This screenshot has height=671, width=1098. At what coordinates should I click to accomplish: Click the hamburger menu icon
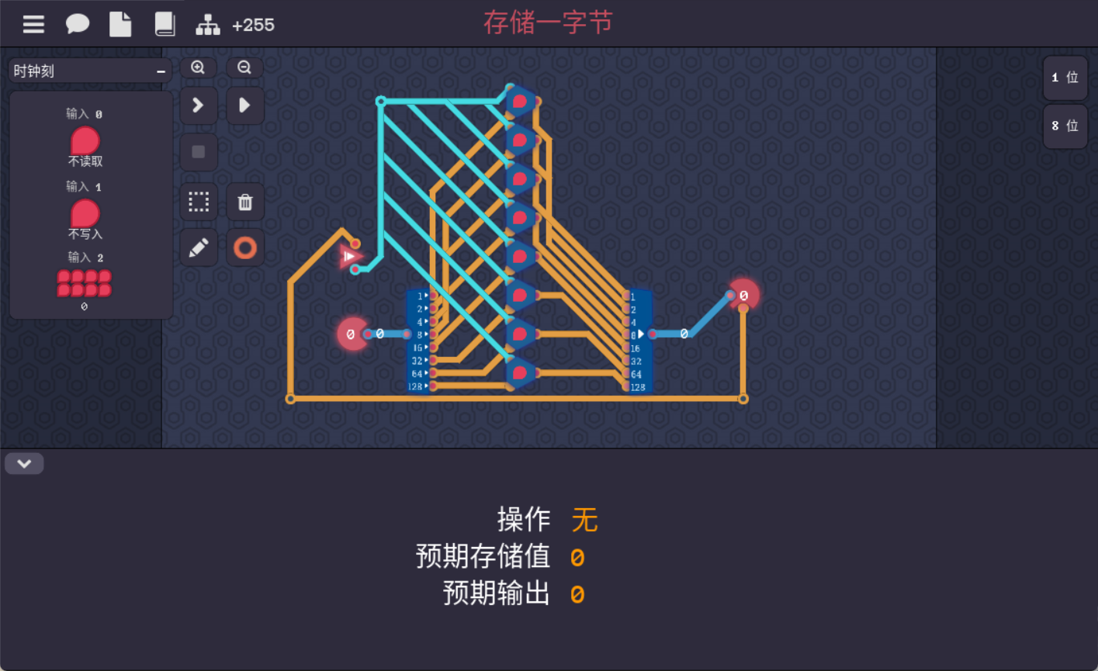pos(33,25)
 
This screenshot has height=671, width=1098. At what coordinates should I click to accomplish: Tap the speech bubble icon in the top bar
pos(77,25)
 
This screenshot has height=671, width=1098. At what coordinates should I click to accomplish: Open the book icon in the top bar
pos(165,25)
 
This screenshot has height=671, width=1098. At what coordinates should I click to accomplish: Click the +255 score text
pos(253,25)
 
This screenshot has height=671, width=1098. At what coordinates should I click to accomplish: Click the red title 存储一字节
pos(548,22)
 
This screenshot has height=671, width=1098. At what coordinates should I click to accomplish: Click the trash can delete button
pos(245,202)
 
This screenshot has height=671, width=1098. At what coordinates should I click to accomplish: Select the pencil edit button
pos(199,248)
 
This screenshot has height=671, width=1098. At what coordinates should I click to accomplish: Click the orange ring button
pos(245,248)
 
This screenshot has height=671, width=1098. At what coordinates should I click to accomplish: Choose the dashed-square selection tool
pos(199,202)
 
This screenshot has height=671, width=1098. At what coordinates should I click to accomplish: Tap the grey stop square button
pos(199,152)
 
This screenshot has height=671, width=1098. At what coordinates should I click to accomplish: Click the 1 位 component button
pos(1065,78)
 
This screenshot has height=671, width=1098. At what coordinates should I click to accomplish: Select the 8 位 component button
pos(1065,126)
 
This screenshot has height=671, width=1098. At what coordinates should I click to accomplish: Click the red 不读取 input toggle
pos(85,141)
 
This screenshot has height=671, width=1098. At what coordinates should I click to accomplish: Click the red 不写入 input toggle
pos(85,213)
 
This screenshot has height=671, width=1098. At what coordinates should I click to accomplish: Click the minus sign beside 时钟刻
pos(161,71)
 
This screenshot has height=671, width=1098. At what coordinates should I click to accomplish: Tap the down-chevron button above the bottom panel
pos(24,464)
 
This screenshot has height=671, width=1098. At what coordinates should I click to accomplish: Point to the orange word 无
pos(584,520)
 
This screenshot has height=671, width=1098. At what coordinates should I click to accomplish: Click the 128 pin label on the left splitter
pos(416,386)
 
